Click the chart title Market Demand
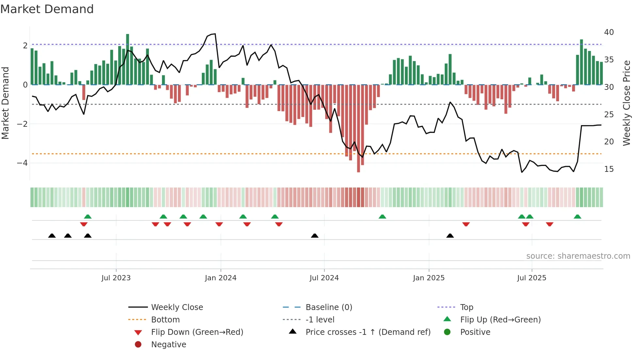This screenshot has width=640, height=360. tap(47, 9)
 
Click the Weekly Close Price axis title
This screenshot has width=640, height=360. tap(626, 103)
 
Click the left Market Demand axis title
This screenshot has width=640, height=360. tap(6, 103)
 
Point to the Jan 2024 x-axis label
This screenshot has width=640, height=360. tap(220, 278)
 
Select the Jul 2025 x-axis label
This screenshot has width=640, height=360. tap(531, 278)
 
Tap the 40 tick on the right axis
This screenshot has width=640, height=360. tap(609, 32)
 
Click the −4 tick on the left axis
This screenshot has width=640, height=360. tap(22, 163)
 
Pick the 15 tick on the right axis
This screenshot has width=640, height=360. tap(609, 169)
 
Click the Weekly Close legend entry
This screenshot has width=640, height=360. tap(177, 307)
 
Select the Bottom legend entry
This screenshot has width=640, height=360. tap(165, 320)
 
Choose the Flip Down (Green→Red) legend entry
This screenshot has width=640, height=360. tap(197, 332)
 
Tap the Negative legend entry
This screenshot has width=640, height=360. tap(168, 345)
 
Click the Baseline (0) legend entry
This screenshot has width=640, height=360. tap(328, 307)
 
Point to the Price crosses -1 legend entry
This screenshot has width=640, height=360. tap(368, 332)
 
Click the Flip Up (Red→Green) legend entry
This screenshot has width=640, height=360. tap(500, 320)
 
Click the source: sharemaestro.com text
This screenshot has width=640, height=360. tap(578, 256)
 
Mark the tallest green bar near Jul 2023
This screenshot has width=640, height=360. tap(128, 59)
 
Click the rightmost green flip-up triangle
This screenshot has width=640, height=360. tap(577, 217)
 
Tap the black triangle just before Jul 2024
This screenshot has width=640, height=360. tap(314, 236)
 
